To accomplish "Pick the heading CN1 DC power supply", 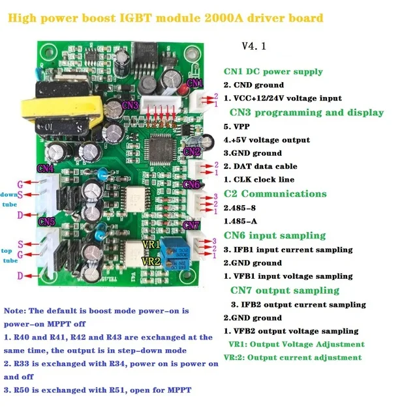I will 273,72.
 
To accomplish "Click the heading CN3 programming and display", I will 303,113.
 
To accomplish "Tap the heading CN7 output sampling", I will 284,290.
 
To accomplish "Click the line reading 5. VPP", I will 239,126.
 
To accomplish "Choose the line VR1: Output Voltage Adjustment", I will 296,344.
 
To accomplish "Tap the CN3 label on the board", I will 129,105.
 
